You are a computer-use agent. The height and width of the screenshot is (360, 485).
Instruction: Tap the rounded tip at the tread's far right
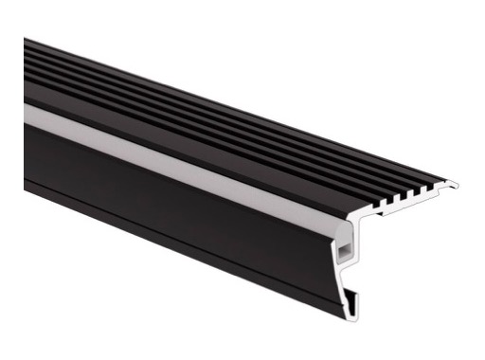click(x=454, y=185)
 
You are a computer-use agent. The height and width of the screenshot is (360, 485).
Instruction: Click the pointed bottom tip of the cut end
click(x=355, y=314)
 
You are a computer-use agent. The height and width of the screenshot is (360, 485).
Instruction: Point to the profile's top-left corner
click(x=26, y=39)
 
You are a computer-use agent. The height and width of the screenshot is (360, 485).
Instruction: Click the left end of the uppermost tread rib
click(x=27, y=43)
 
